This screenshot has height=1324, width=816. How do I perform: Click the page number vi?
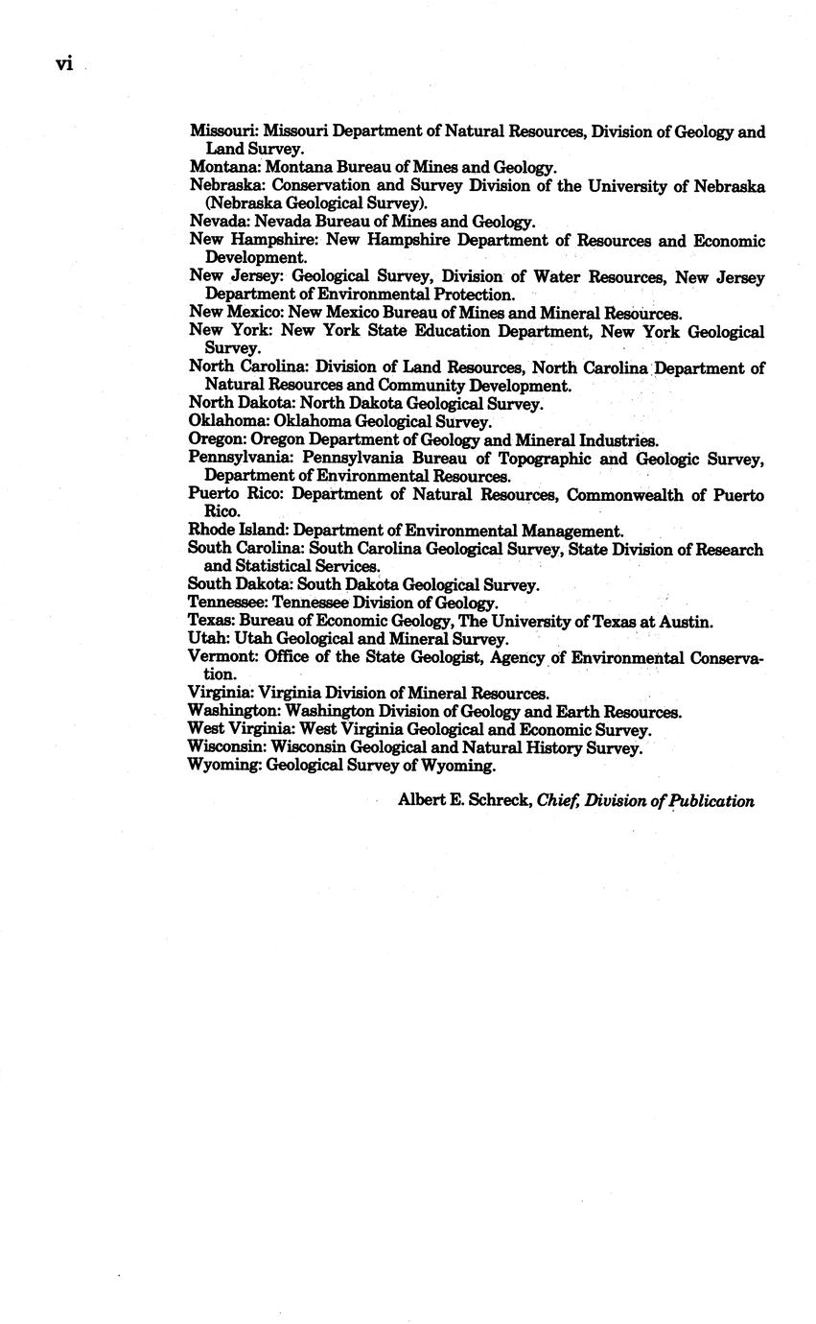click(64, 64)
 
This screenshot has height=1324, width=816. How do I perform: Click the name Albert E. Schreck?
click(465, 800)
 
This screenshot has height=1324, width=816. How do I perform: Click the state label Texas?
click(211, 621)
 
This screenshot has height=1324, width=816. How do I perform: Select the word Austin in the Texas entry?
click(687, 621)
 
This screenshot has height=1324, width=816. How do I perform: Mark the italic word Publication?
click(710, 800)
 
